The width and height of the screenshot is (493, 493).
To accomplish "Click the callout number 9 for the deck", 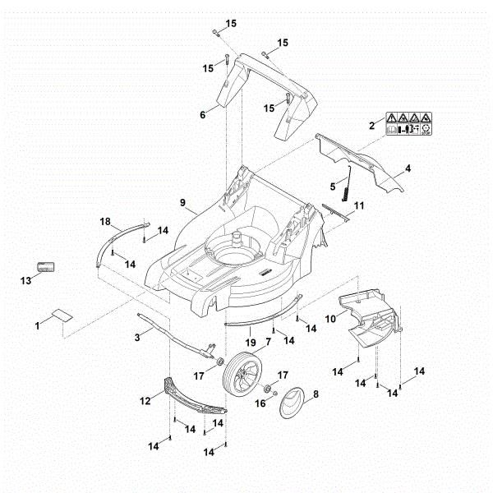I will [x=182, y=201].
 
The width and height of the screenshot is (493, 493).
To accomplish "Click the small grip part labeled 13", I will [x=45, y=268].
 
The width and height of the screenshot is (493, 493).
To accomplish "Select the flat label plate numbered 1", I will [x=62, y=315].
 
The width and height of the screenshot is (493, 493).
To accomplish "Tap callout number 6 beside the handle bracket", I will [x=203, y=115].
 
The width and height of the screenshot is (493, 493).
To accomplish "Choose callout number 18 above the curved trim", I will [x=104, y=222].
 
